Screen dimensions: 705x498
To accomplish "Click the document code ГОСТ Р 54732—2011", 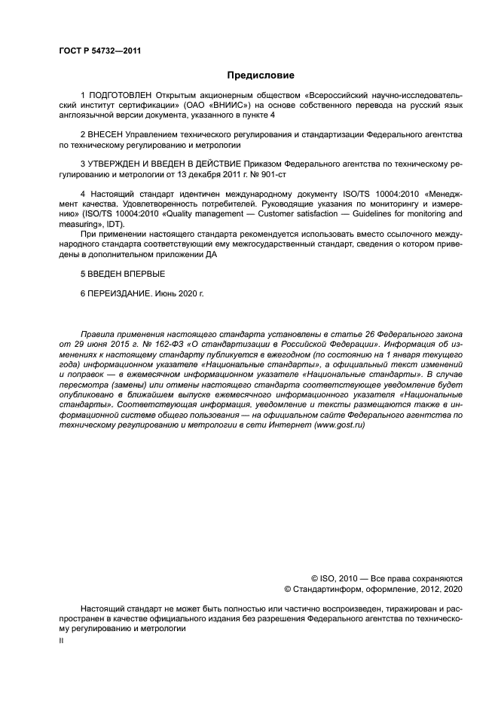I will pos(99,51).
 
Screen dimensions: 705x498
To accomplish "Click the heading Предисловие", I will pos(261,75).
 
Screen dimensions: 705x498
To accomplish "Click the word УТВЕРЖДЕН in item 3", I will pos(119,162).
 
